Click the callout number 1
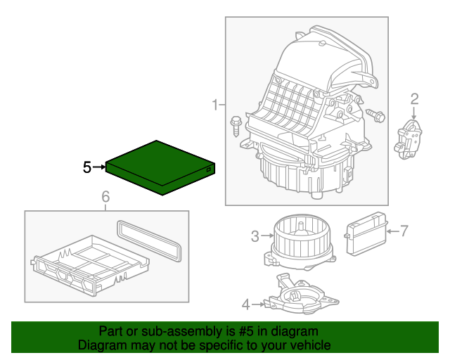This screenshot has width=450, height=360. (x=214, y=105)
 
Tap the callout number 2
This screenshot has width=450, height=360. (x=414, y=98)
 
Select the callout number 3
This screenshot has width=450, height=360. (x=255, y=236)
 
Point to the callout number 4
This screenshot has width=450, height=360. (x=245, y=304)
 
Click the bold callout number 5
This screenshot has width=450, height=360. (x=87, y=167)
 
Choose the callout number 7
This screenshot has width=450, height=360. (x=404, y=229)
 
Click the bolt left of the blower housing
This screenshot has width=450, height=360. (x=235, y=127)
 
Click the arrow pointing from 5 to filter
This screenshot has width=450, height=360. (x=99, y=167)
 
